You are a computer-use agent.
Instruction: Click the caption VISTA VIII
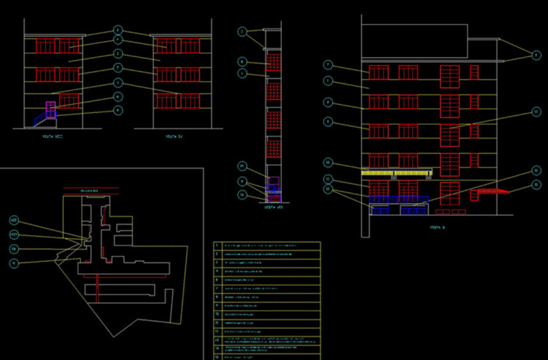pos(52,136)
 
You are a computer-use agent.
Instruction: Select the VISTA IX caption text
pos(174,136)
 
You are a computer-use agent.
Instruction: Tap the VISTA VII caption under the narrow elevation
pos(273,206)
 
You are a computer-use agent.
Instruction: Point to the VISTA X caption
pos(437,228)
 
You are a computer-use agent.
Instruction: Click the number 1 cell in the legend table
pos(218,245)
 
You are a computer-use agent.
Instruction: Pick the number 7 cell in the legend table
pos(218,288)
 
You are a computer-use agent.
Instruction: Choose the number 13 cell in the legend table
pos(218,340)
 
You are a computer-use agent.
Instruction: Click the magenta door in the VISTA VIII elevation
pos(50,110)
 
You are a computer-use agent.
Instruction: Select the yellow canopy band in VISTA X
pos(398,173)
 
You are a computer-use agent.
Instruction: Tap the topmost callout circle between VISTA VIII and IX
pos(117,30)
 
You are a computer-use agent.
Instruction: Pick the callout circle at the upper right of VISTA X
pos(536,55)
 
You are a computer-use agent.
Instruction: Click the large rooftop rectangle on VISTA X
pos(414,41)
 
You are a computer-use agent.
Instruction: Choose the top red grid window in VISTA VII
pos(273,61)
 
